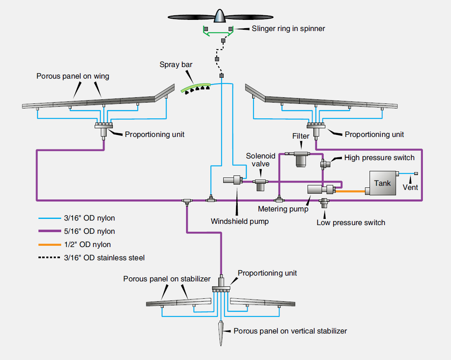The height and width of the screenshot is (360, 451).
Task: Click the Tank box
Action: pos(382,183)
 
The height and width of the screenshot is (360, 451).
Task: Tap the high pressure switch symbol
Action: pos(326,164)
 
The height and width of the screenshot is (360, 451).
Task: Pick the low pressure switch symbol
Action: pos(324,202)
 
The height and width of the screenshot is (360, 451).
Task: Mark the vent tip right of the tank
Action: pos(416,173)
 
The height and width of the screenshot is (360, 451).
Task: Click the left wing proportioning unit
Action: pos(103,129)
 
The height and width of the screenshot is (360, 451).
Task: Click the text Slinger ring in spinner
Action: pos(289,29)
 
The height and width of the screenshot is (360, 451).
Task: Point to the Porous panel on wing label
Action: pos(73,76)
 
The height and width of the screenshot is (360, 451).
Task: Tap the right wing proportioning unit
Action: pos(316,129)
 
